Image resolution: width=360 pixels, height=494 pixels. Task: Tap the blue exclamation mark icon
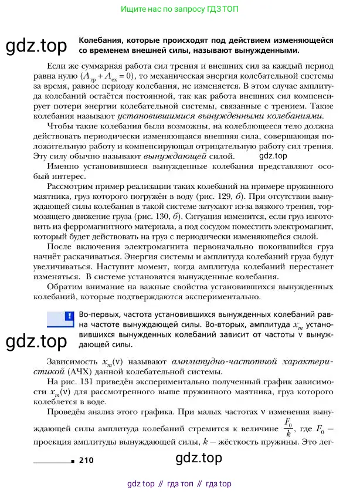(69, 316)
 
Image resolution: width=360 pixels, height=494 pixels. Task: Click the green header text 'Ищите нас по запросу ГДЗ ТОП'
(179, 10)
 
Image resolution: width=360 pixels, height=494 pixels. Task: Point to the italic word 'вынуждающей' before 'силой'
(183, 157)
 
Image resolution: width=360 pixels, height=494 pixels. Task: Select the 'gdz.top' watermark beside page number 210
(199, 458)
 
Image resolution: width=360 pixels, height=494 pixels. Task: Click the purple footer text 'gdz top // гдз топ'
(179, 483)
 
